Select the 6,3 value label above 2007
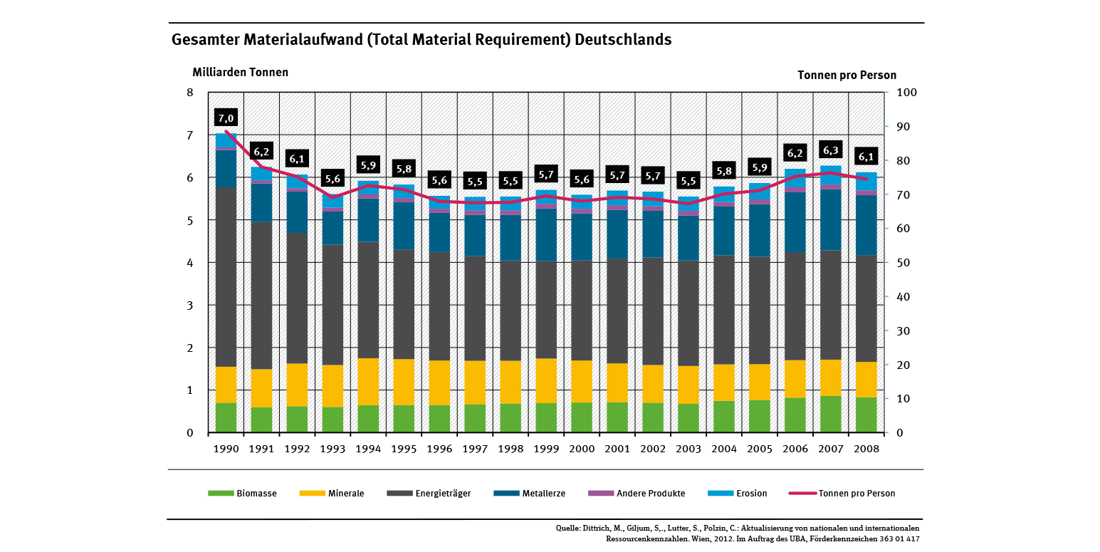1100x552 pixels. pos(830,150)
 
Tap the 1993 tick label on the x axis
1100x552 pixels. pos(332,449)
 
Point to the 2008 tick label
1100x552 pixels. pos(866,449)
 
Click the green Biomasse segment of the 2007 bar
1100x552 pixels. pos(830,414)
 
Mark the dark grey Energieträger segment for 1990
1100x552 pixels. pos(226,277)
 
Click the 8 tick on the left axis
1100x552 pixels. pos(189,93)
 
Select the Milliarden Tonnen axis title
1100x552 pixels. pos(240,72)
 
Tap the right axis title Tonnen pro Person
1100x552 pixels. pos(847,75)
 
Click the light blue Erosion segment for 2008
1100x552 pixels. pos(866,181)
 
